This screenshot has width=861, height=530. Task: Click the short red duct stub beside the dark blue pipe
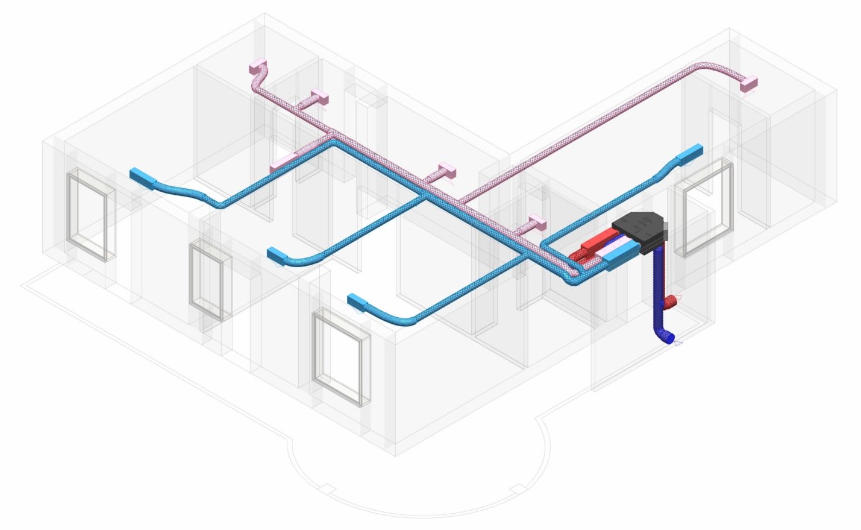(x=670, y=300)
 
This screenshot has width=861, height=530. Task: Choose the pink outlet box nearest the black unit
(x=536, y=221)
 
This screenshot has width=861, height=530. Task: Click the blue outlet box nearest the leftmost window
(x=142, y=178)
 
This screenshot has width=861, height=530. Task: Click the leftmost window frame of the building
(x=90, y=215)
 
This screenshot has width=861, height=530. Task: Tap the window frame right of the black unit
(x=703, y=208)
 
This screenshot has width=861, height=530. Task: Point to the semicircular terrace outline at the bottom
(x=416, y=482)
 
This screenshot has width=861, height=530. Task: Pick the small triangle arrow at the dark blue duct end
(x=678, y=343)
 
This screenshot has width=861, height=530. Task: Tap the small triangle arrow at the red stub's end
(x=678, y=298)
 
